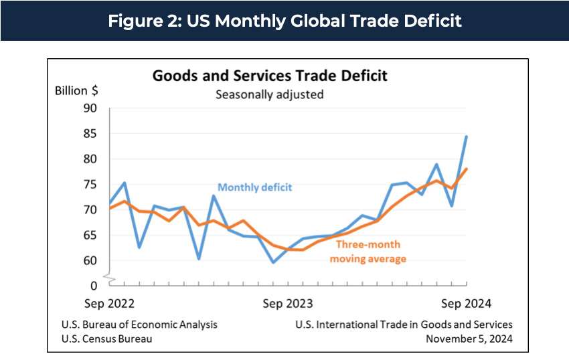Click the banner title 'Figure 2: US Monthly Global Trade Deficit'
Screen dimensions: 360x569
point(284,21)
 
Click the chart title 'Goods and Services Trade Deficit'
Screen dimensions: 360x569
point(270,75)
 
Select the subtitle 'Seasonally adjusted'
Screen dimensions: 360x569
point(269,94)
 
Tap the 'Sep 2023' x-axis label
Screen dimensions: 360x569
point(288,304)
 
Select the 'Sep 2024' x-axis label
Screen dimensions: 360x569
point(467,304)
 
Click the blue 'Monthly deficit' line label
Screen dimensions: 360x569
point(254,187)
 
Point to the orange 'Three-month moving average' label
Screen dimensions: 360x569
point(368,252)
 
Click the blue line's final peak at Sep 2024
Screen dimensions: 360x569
point(467,137)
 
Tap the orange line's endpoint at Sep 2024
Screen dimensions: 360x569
point(467,169)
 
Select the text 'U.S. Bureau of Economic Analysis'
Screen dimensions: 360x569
point(139,325)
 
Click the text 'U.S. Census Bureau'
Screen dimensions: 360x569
point(106,339)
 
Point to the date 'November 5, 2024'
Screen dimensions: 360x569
point(469,339)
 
